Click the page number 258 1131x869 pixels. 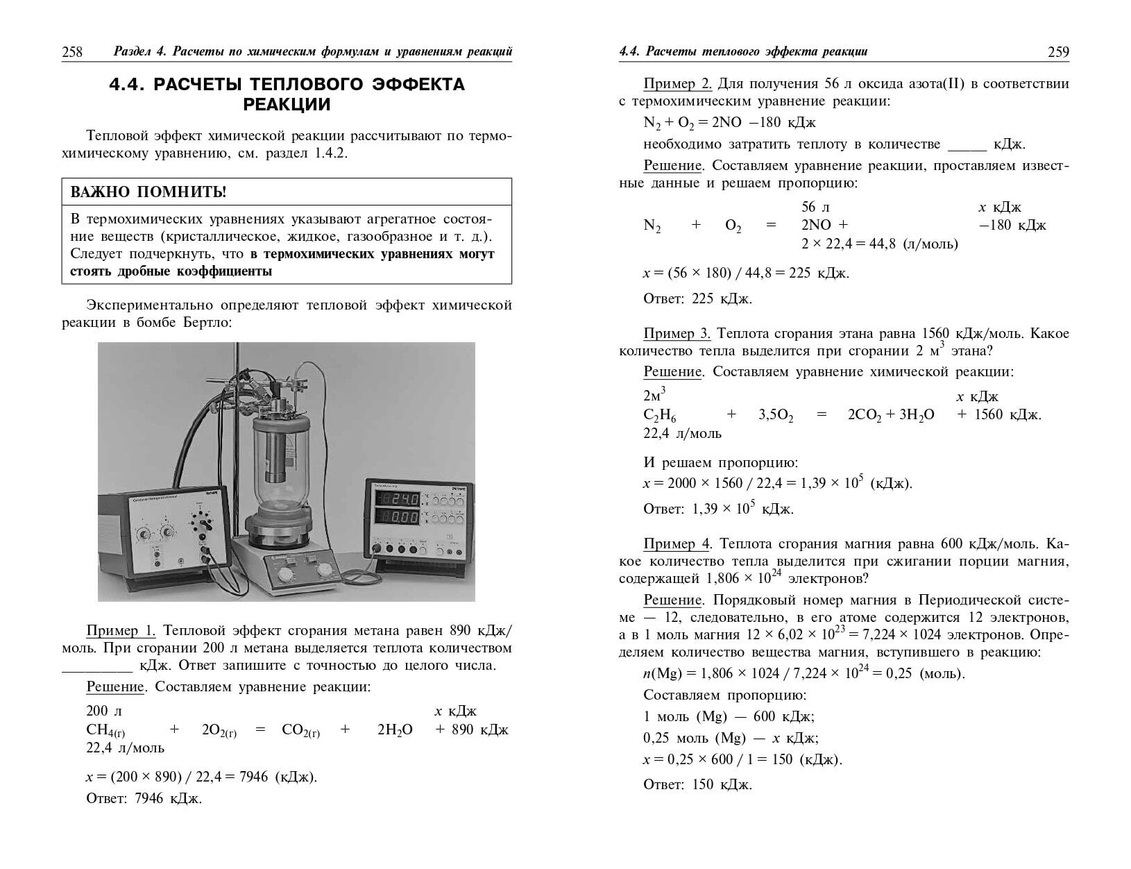(x=72, y=52)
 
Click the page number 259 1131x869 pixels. (x=1058, y=52)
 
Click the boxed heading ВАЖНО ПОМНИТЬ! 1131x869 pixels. (x=148, y=192)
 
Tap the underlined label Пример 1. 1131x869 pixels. (x=121, y=631)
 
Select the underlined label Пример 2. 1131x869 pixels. (x=677, y=84)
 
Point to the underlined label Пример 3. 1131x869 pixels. (x=677, y=334)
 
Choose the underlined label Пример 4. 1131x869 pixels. (x=677, y=543)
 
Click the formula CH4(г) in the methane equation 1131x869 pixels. (x=105, y=730)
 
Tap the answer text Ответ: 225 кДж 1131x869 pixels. (x=697, y=299)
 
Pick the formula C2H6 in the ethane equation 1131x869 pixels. (x=660, y=415)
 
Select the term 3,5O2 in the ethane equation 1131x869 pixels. (x=775, y=415)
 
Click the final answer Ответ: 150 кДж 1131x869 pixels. (x=697, y=785)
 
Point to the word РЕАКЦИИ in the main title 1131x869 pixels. (x=287, y=105)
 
